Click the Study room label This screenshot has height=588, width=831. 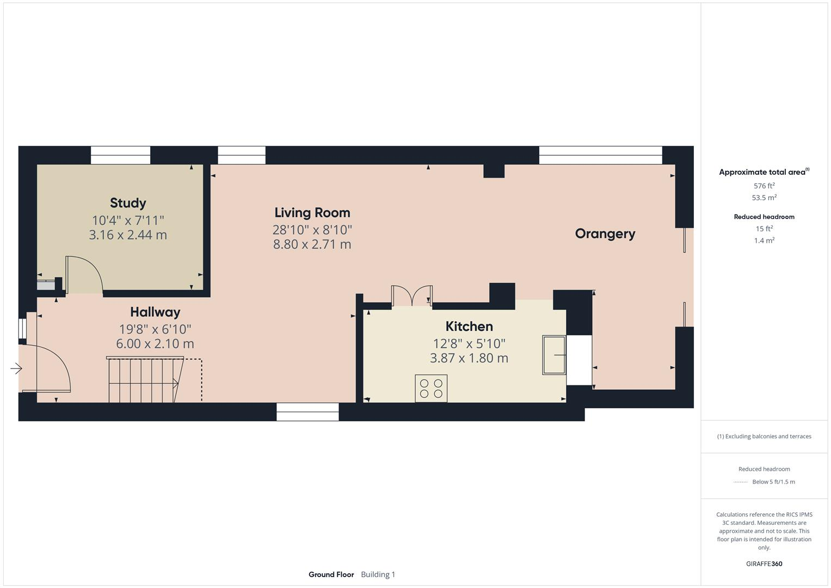click(128, 203)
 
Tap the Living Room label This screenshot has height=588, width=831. click(312, 213)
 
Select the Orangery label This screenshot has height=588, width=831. click(605, 234)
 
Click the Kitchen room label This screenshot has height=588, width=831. click(469, 326)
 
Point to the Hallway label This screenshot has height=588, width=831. click(155, 312)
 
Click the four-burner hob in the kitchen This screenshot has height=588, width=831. click(431, 388)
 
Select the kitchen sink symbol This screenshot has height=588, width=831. click(554, 355)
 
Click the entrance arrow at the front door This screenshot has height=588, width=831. click(16, 369)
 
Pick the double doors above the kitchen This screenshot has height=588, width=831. click(412, 296)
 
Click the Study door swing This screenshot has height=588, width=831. click(84, 275)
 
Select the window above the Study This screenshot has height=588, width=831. click(120, 155)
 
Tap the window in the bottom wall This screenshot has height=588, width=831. click(307, 412)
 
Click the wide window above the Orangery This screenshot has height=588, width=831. click(600, 155)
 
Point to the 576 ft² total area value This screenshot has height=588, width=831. click(764, 186)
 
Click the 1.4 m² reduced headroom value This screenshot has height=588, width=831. click(764, 241)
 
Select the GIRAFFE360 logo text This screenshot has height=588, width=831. click(764, 563)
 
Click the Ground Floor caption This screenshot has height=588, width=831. click(331, 574)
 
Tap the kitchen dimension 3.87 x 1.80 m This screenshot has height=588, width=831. click(469, 358)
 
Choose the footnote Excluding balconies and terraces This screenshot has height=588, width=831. click(764, 436)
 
